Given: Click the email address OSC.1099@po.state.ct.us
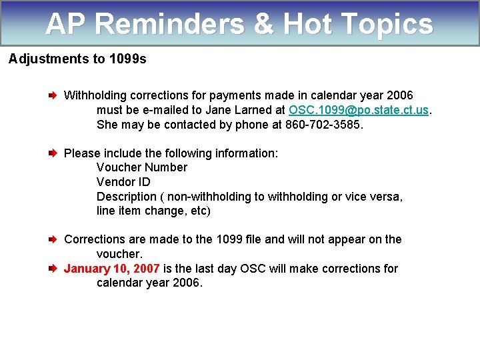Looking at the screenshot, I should [359, 110].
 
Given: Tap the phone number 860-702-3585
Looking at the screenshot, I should [324, 125].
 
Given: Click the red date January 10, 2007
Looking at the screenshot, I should [111, 269].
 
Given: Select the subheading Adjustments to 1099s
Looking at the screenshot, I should [77, 59].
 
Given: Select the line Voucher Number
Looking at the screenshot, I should [142, 167].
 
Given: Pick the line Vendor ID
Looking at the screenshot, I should [123, 182].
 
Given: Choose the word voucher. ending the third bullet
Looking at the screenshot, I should [119, 254].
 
